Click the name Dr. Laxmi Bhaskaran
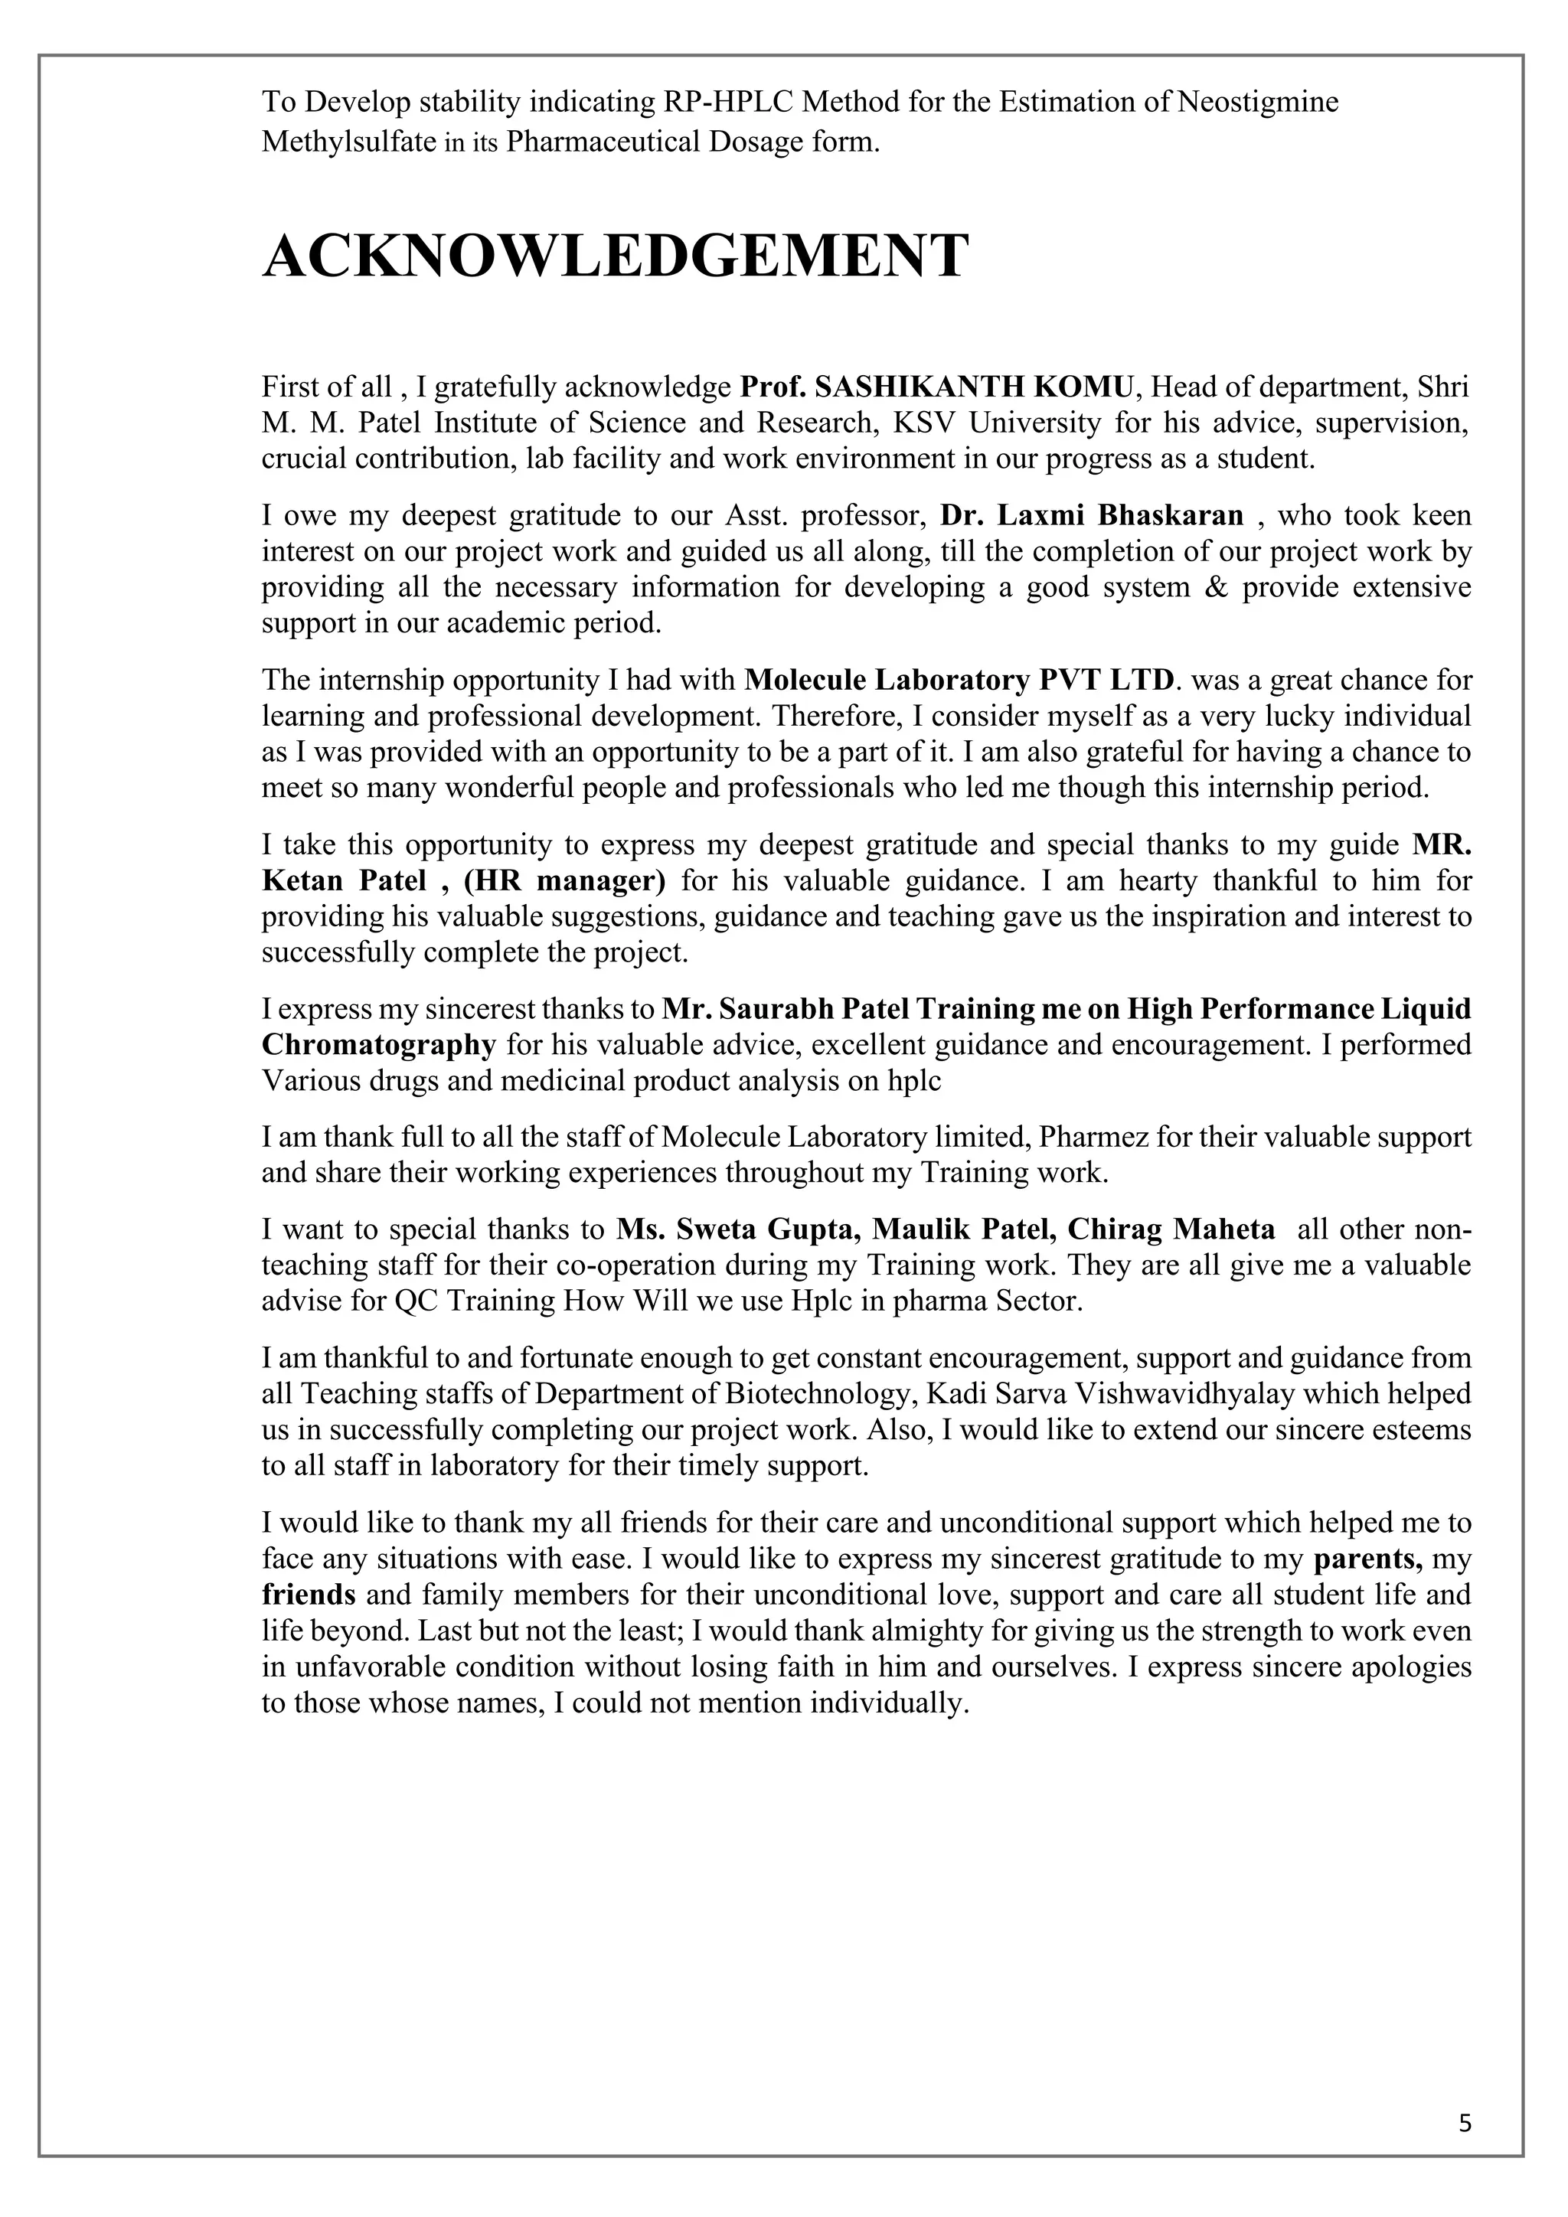coord(1091,514)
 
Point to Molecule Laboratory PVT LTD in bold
coord(960,680)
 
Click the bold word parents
coord(1367,1559)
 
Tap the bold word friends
coord(308,1594)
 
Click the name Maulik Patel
coord(965,1229)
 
